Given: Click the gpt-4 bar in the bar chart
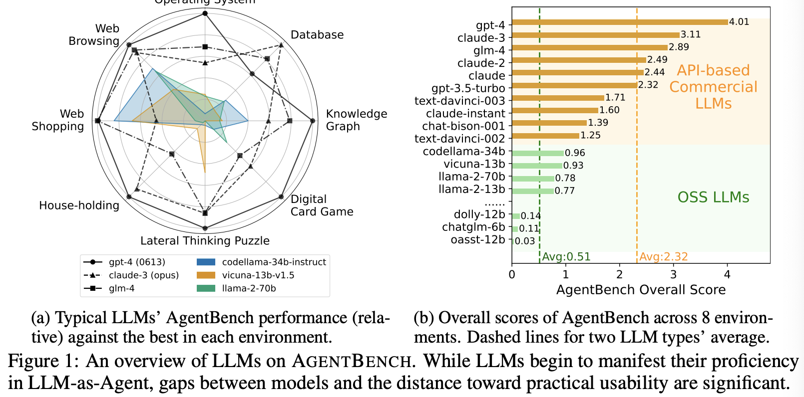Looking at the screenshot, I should coord(619,22).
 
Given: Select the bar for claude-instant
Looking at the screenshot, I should coord(554,110).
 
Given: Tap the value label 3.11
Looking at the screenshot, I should coord(691,34).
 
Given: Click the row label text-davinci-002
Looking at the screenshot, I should coord(459,139).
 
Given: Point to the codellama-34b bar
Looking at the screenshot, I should coord(537,153).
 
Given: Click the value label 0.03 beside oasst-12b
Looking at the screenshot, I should coord(525,241).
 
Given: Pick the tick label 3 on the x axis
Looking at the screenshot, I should coord(673,274).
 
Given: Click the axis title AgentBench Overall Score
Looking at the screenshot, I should coord(641,290).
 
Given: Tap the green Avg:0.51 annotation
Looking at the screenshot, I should coord(566,257).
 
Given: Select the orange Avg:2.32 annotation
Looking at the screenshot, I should coord(663,257).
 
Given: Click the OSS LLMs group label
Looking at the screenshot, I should coord(713,198).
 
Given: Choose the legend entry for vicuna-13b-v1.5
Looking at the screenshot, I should coord(258,275).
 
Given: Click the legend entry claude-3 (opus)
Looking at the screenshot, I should coord(143,275).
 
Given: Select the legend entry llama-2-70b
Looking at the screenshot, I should coord(249,288).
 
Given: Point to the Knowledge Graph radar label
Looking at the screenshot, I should coord(356,120).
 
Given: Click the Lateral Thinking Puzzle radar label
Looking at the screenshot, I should coord(205,241).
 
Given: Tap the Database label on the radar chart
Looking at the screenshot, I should coord(317,35).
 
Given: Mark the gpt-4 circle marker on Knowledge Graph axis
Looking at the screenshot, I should coord(313,121).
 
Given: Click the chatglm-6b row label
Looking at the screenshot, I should coord(473,227).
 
